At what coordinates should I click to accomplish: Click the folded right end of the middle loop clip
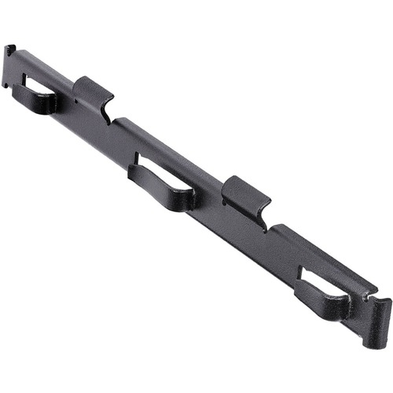(186, 198)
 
